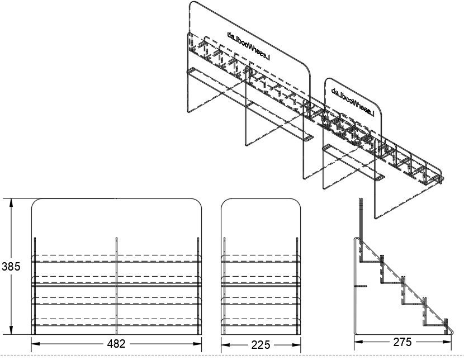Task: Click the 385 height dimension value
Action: pos(11,267)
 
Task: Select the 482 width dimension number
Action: pos(116,344)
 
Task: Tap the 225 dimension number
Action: pos(261,345)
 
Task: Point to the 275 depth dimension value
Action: pos(403,342)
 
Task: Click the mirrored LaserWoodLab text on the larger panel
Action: pos(249,46)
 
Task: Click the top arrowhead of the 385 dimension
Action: pos(11,202)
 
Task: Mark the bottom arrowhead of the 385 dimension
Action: pos(11,330)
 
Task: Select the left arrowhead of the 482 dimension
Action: pos(36,344)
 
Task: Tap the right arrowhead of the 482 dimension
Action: pos(197,344)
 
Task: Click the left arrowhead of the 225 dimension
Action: pos(225,345)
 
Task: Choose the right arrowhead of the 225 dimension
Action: pos(296,345)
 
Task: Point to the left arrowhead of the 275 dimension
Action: pos(359,342)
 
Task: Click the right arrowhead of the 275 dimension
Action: pos(447,342)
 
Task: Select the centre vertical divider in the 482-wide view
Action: pos(117,286)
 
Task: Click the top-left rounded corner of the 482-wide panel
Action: pos(35,202)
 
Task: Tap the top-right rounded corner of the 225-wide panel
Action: pos(297,202)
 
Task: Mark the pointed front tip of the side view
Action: pos(453,331)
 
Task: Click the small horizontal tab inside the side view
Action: pos(361,286)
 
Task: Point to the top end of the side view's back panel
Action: pos(361,199)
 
